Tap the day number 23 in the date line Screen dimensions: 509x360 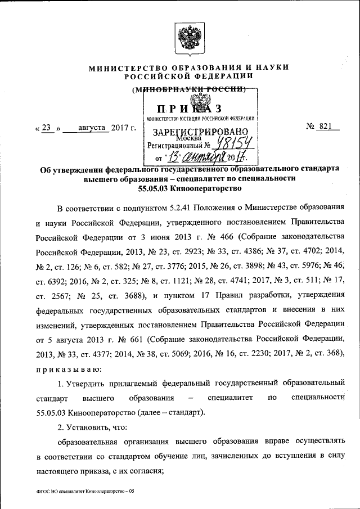(48, 128)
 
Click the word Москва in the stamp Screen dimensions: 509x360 (188, 138)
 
